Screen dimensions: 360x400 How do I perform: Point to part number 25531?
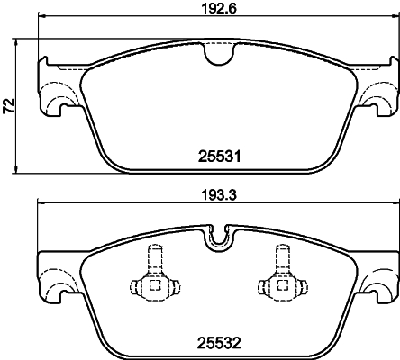(216, 155)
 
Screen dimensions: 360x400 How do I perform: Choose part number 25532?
(216, 342)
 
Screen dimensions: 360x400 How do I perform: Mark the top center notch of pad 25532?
(216, 239)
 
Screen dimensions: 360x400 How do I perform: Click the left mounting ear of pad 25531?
(51, 90)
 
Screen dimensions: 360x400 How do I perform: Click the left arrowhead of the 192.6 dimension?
(41, 24)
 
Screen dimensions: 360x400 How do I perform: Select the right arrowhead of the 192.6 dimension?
(392, 24)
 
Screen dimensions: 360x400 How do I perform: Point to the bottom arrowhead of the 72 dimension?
(21, 170)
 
